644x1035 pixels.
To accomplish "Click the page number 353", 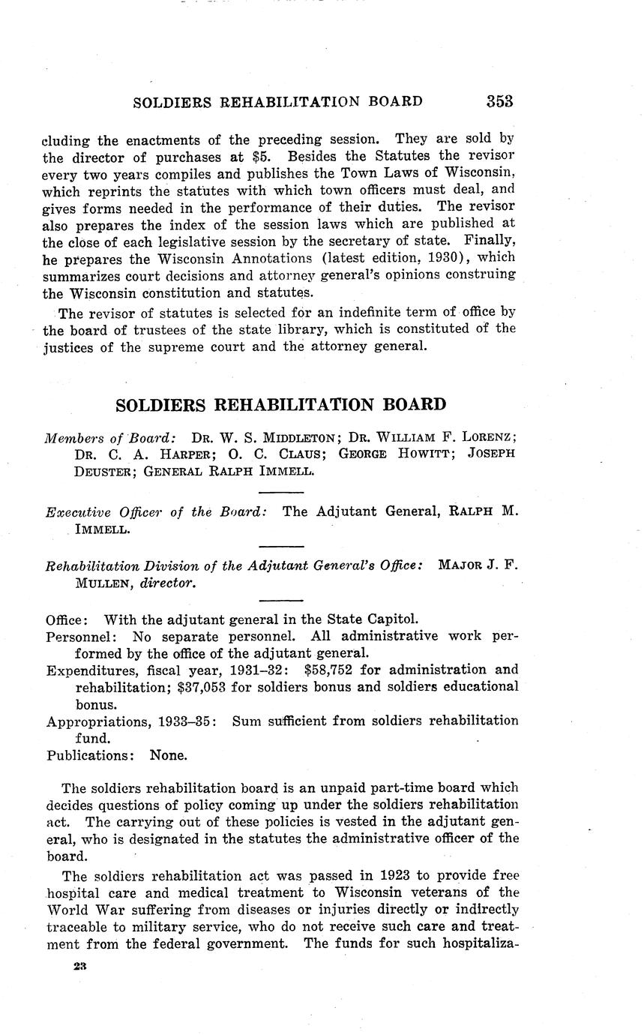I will [x=499, y=101].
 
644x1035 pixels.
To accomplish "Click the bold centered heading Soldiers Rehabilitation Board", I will [x=280, y=405].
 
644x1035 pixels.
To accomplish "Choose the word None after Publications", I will [x=169, y=755].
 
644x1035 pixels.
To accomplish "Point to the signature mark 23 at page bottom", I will [x=80, y=967].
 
